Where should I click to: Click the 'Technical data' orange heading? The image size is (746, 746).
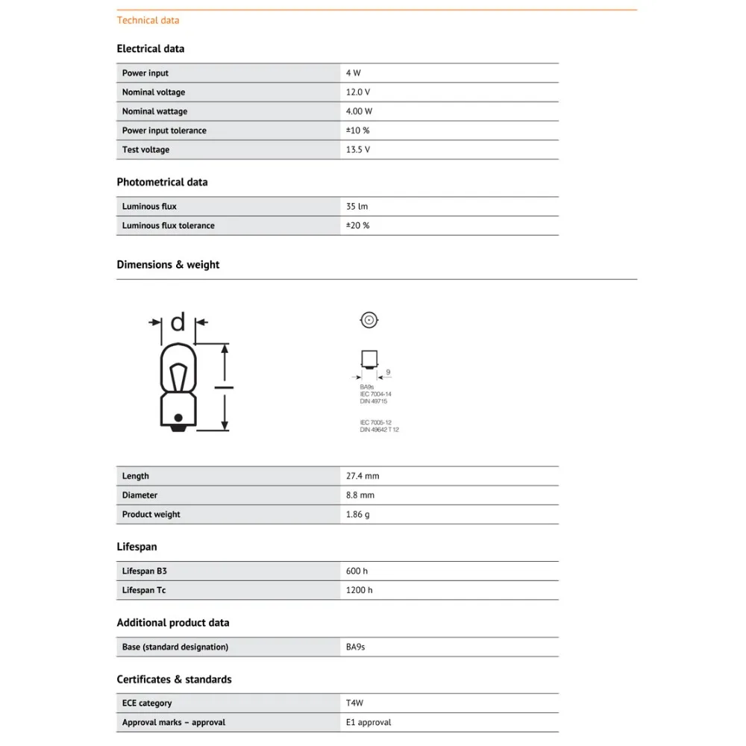pos(148,20)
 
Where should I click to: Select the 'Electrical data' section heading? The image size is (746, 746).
pos(150,48)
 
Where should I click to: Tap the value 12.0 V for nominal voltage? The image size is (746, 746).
pos(358,93)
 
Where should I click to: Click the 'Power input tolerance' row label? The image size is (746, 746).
pos(164,131)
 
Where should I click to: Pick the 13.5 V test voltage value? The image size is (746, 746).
pos(358,150)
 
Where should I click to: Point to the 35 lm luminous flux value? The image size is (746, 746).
pos(357,207)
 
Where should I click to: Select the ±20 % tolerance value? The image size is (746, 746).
pos(357,225)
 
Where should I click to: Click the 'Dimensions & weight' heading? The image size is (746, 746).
pos(168,265)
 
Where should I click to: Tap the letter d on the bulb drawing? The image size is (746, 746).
pos(178,322)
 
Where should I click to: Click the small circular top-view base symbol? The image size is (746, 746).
pos(369,321)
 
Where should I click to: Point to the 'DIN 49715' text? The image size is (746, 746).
pos(374,401)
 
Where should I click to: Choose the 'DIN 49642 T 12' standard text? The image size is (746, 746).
pos(379,430)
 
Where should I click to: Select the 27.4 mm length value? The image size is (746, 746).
pos(363,476)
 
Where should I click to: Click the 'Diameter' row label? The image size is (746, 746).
pos(140,495)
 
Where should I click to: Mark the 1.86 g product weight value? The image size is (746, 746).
pos(357,515)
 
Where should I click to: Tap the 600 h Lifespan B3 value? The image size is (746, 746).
pos(357,571)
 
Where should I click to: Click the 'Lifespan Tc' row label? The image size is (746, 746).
pos(144,590)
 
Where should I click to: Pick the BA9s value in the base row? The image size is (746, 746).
pos(355,647)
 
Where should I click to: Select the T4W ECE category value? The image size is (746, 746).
pos(355,703)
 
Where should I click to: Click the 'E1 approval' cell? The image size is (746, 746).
pos(369,722)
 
